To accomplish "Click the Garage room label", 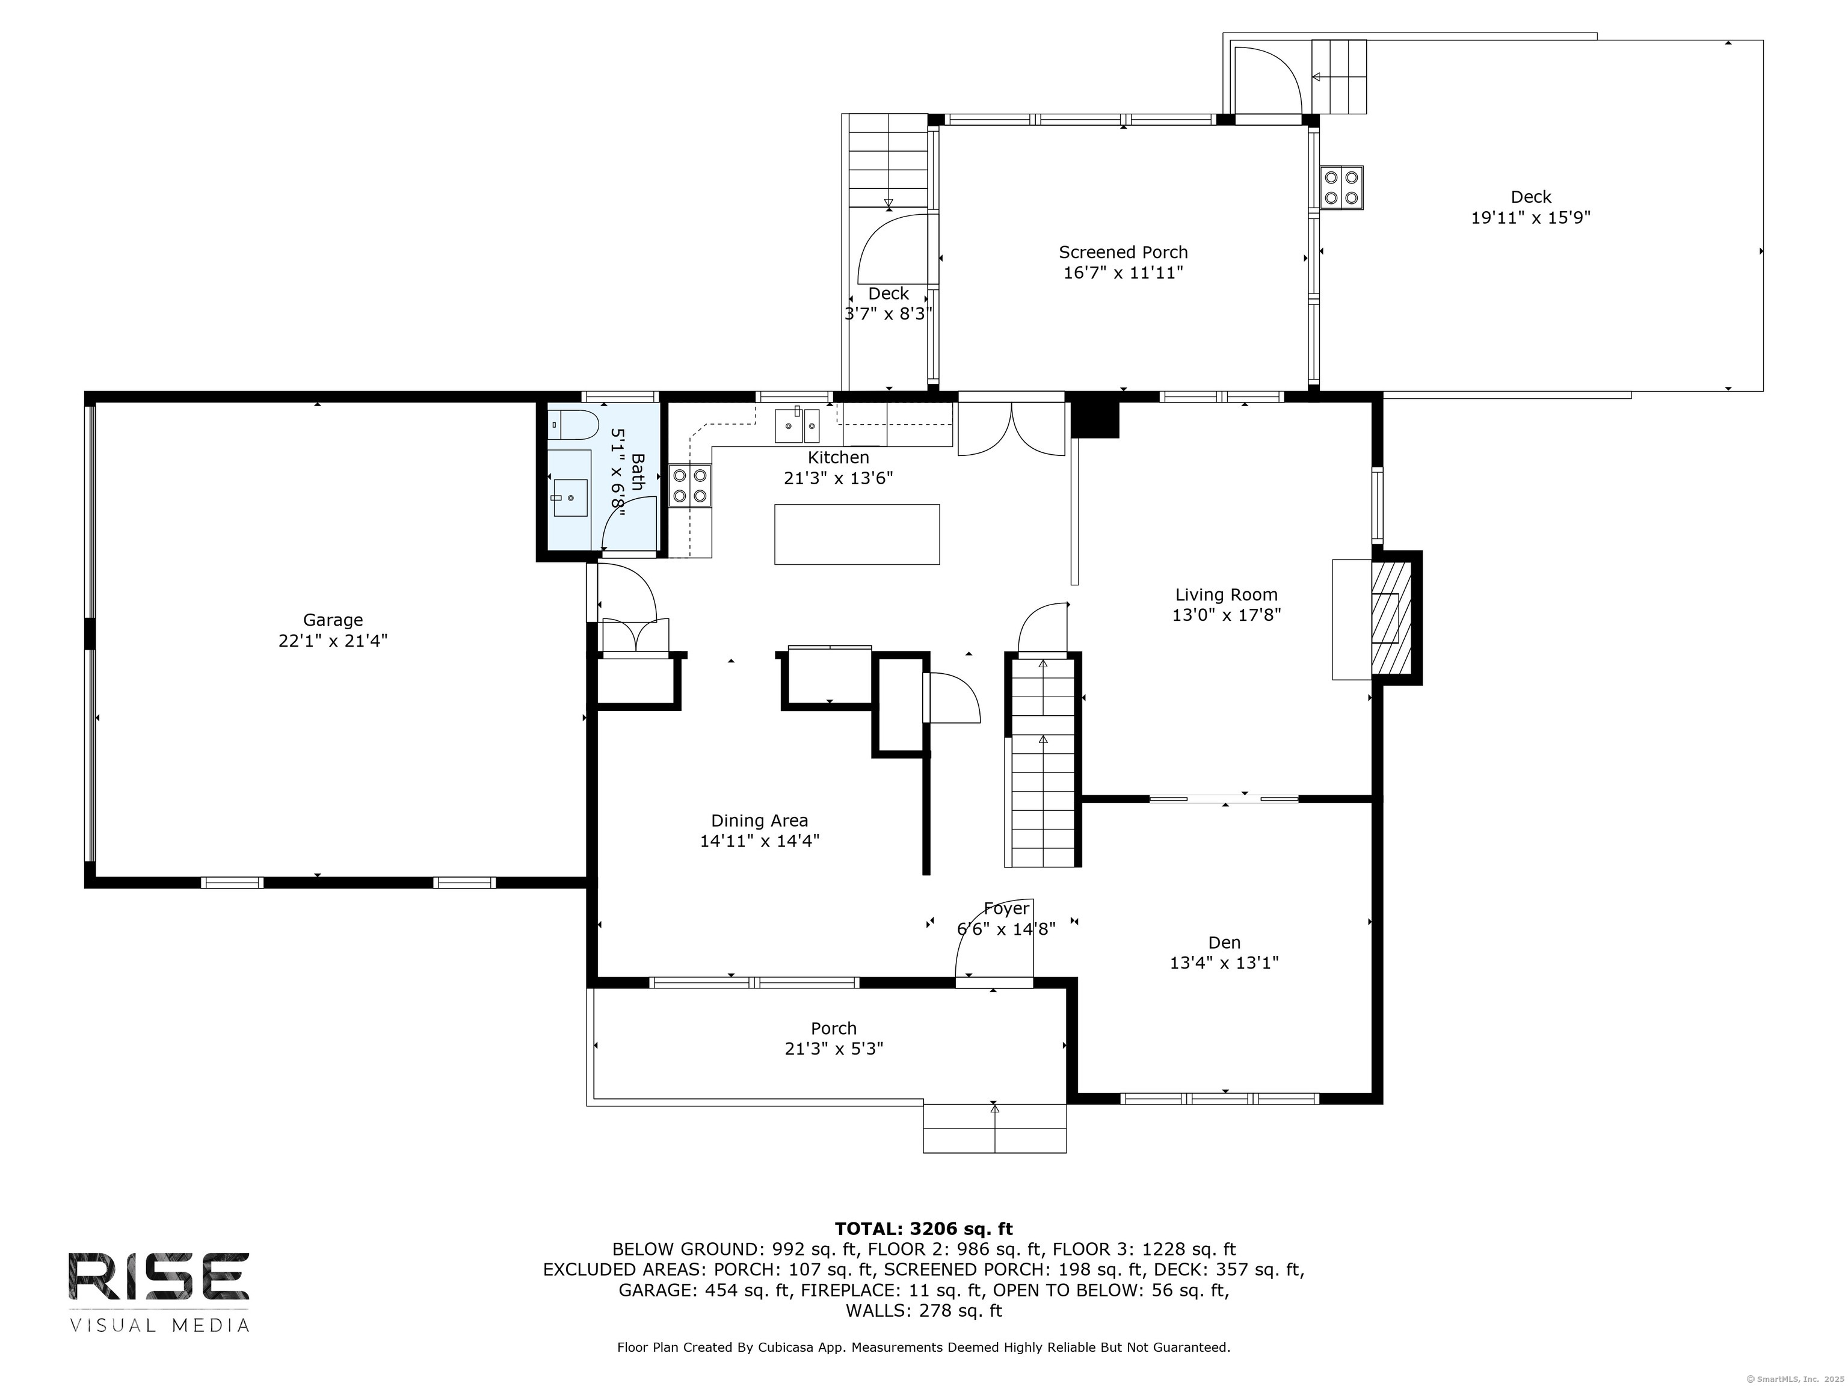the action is [x=333, y=620].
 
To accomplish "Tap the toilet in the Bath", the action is [x=574, y=425].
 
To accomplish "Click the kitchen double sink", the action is [x=797, y=425].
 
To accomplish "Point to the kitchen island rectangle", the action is [x=857, y=534].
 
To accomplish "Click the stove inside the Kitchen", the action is [x=690, y=486].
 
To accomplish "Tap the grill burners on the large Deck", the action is [x=1341, y=187].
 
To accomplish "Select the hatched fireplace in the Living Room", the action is [x=1391, y=617].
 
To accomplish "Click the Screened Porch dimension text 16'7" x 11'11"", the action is [x=1123, y=273].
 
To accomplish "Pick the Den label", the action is [x=1224, y=943].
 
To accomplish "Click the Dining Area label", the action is [x=759, y=821].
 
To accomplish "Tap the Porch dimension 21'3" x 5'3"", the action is [x=834, y=1049].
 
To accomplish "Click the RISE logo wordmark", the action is [x=159, y=1276].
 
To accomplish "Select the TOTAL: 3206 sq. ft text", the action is [x=923, y=1228].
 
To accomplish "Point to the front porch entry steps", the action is [x=994, y=1128].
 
